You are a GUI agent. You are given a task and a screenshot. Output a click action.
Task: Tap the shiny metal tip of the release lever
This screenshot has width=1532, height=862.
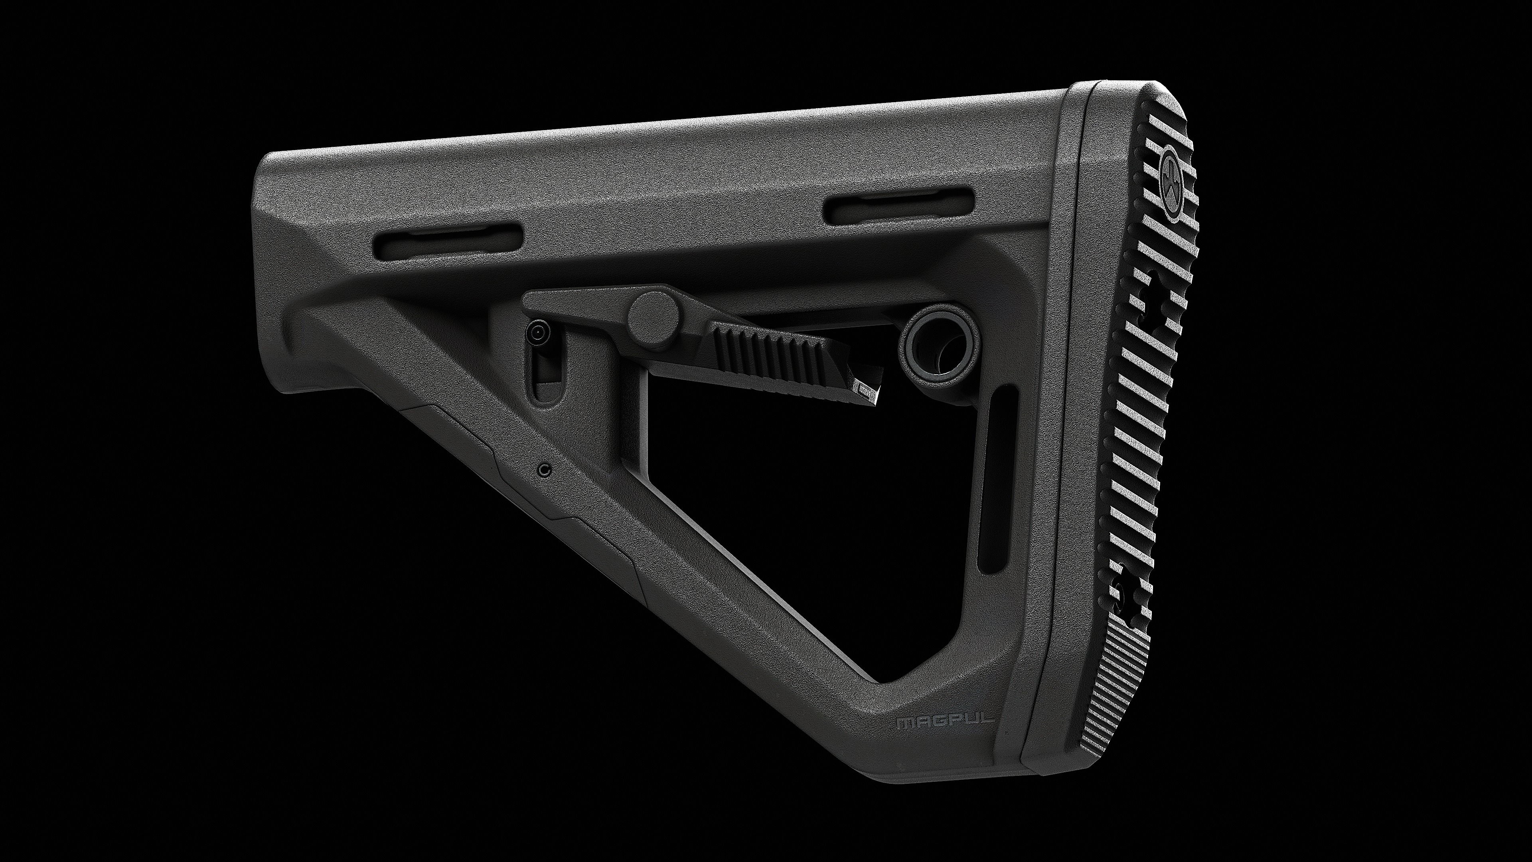click(x=869, y=391)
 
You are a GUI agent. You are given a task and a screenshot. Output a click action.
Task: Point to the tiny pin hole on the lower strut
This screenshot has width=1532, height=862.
click(x=543, y=470)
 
